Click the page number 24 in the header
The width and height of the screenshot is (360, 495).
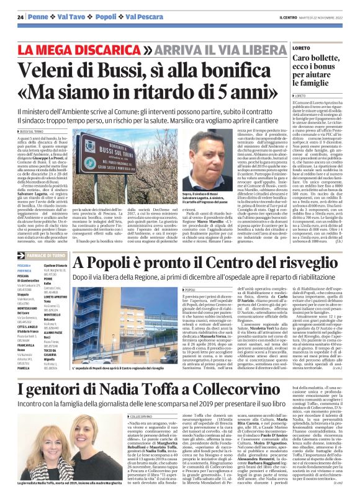pyautogui.click(x=20, y=17)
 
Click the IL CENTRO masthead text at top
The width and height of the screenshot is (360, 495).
pyautogui.click(x=289, y=17)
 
